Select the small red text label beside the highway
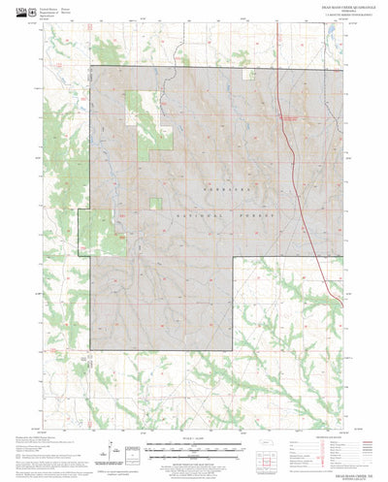pyautogui.click(x=289, y=117)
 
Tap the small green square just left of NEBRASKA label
pyautogui.click(x=154, y=203)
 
